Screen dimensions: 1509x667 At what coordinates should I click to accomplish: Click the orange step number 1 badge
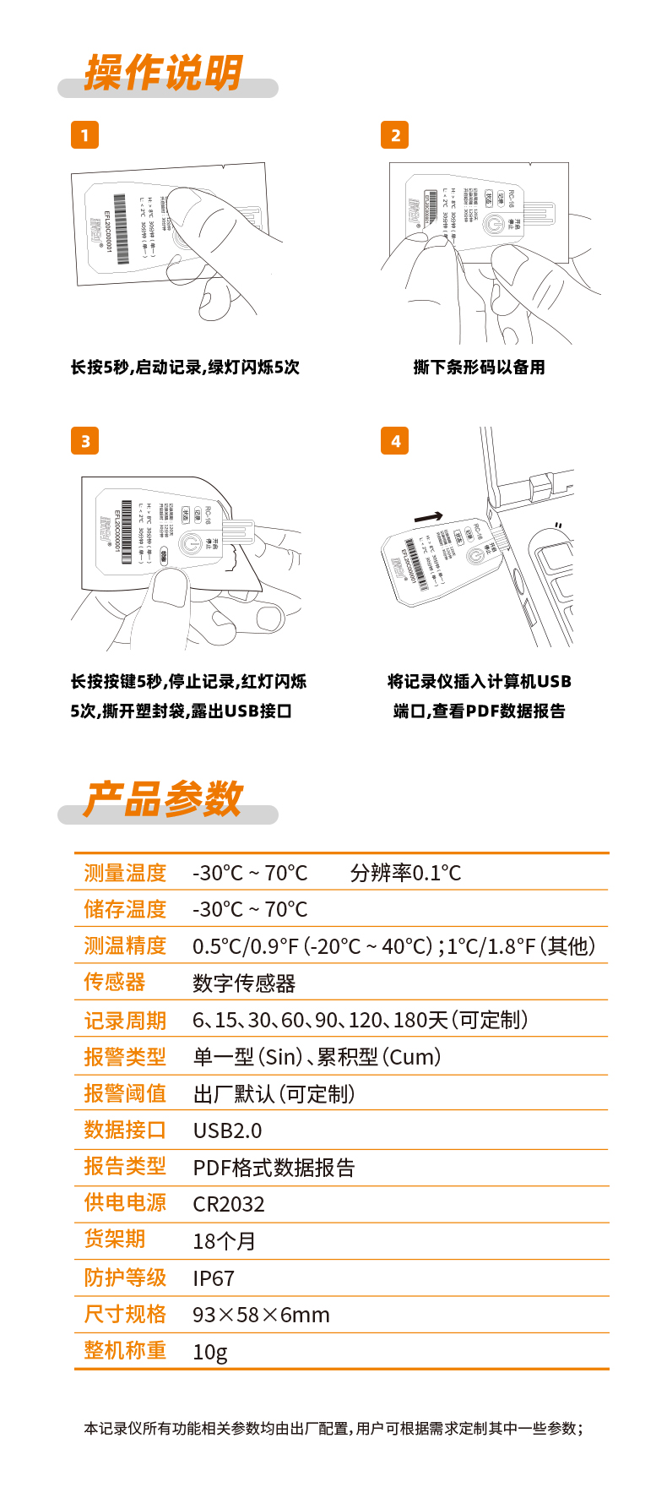(84, 135)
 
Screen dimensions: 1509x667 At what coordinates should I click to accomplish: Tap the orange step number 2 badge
(395, 135)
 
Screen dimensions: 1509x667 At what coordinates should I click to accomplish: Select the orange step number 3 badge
(84, 441)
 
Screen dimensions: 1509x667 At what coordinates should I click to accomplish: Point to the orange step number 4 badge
(395, 441)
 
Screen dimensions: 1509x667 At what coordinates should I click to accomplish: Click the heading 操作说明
(163, 73)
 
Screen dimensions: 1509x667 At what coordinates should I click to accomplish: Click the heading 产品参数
(163, 799)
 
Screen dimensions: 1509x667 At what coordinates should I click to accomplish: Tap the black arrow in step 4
(428, 517)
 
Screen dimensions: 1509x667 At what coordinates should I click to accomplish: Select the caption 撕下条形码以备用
(479, 368)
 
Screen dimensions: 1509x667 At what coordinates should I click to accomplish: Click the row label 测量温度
(125, 873)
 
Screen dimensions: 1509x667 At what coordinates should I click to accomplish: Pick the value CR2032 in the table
(229, 1204)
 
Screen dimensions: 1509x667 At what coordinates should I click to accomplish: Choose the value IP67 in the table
(214, 1278)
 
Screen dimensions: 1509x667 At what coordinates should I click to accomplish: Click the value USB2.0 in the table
(227, 1130)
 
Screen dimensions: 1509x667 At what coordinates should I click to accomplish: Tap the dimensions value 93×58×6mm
(261, 1315)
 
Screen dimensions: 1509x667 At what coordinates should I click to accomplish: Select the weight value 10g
(210, 1352)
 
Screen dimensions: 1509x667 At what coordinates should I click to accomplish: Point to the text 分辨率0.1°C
(405, 873)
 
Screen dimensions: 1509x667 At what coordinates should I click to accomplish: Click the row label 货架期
(115, 1239)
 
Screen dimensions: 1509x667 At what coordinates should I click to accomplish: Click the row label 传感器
(115, 982)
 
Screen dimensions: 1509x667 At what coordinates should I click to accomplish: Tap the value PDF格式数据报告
(274, 1168)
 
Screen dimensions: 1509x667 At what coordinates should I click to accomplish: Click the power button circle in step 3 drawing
(191, 542)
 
